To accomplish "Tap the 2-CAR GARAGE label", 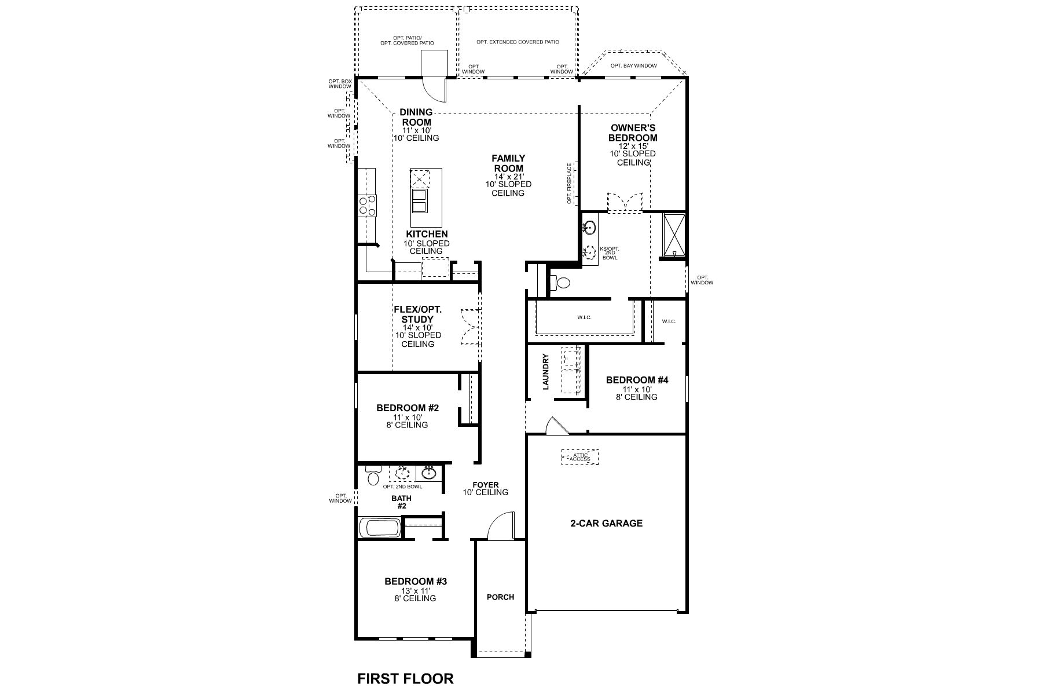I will pyautogui.click(x=606, y=523).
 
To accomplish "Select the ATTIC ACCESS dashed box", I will pyautogui.click(x=580, y=457).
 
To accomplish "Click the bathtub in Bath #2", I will pyautogui.click(x=379, y=528).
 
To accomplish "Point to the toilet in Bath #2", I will pyautogui.click(x=373, y=476).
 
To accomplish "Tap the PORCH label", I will pyautogui.click(x=500, y=597).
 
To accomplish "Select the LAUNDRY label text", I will pyautogui.click(x=545, y=372).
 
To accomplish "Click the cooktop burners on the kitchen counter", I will pyautogui.click(x=367, y=206).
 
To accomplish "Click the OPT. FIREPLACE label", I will pyautogui.click(x=570, y=184).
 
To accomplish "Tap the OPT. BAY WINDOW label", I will pyautogui.click(x=633, y=65).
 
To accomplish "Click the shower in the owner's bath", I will pyautogui.click(x=674, y=236).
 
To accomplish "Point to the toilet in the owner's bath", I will pyautogui.click(x=561, y=283).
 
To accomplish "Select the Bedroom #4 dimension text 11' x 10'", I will pyautogui.click(x=636, y=389).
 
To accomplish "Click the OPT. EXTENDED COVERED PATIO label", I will pyautogui.click(x=518, y=42).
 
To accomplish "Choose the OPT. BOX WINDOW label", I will pyautogui.click(x=340, y=83).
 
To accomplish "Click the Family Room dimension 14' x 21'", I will pyautogui.click(x=508, y=176).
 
